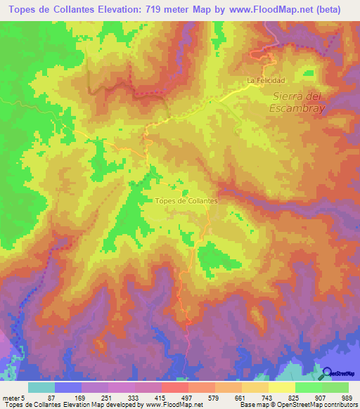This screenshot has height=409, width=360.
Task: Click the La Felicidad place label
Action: click(x=266, y=81)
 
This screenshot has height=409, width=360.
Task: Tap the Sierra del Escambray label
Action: click(x=296, y=102)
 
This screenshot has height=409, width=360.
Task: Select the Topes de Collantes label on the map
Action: click(x=186, y=200)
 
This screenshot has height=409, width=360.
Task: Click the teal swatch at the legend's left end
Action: click(x=41, y=387)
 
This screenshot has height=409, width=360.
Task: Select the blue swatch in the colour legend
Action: click(x=67, y=387)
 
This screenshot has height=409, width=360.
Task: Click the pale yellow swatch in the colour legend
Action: click(x=281, y=387)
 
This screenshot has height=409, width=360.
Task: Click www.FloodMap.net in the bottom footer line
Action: click(x=173, y=404)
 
